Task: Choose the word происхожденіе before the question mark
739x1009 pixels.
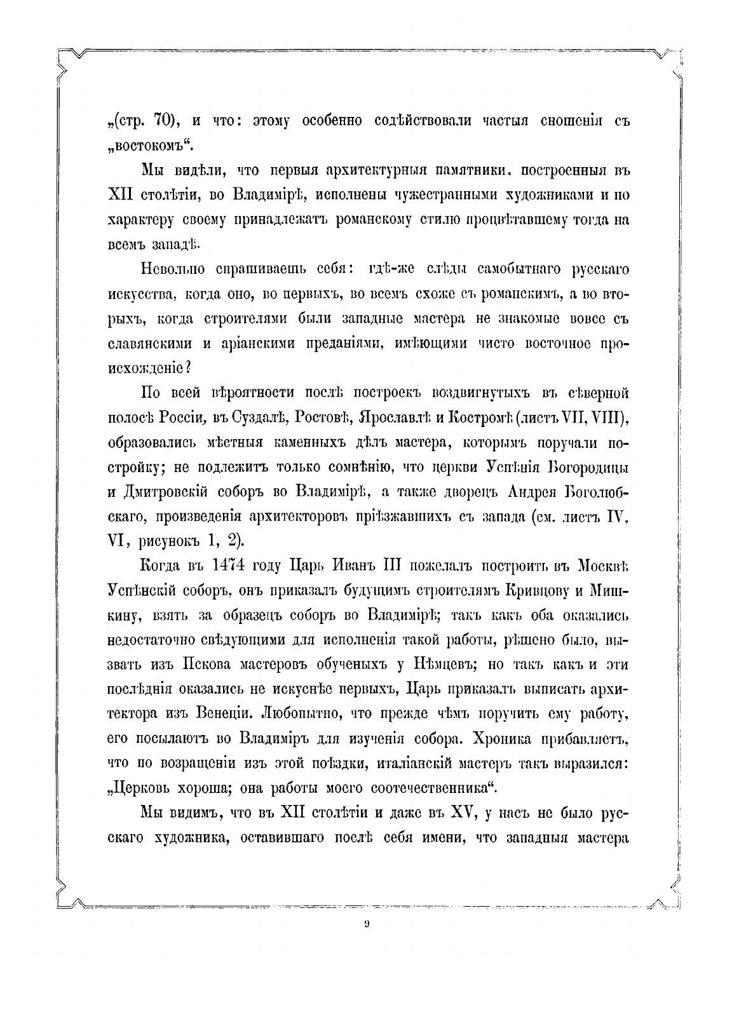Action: click(145, 367)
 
